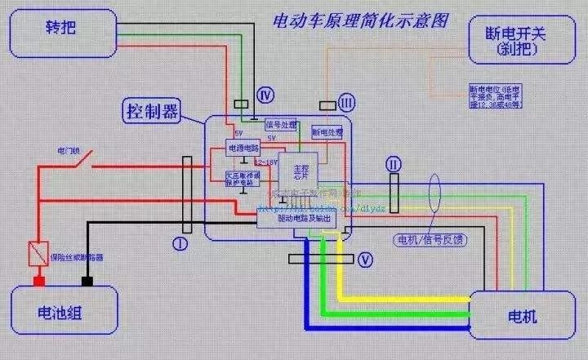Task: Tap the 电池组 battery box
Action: (x=60, y=314)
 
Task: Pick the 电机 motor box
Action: (x=523, y=315)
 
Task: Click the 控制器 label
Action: (x=153, y=110)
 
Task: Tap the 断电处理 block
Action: (x=327, y=131)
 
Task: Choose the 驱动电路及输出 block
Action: (x=293, y=218)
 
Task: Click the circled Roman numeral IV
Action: (x=264, y=95)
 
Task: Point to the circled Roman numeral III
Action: (x=347, y=103)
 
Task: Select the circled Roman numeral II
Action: (x=394, y=163)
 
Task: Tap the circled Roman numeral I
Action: (x=180, y=242)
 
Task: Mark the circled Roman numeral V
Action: (x=365, y=260)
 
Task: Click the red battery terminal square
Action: (x=38, y=282)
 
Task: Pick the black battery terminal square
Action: (x=86, y=282)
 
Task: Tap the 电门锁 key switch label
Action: (x=68, y=152)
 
